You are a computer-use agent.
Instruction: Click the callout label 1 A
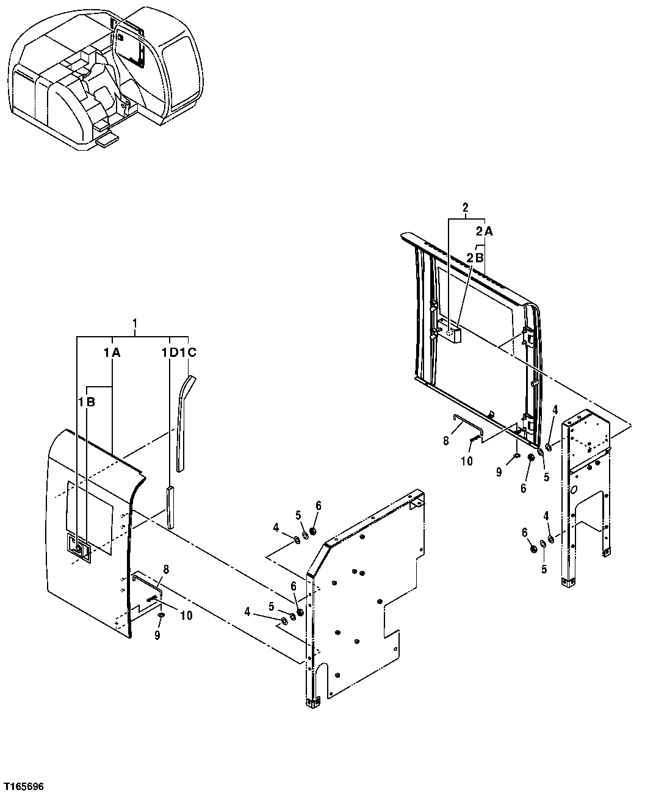[x=111, y=352]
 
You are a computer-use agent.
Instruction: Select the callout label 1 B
[x=86, y=403]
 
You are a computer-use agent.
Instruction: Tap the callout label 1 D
[x=170, y=352]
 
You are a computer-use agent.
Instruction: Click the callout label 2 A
[x=484, y=231]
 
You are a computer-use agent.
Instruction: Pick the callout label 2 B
[x=475, y=257]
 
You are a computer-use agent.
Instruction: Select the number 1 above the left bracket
[x=135, y=321]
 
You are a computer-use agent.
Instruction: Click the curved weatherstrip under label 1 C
[x=182, y=421]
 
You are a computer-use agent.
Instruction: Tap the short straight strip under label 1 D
[x=169, y=506]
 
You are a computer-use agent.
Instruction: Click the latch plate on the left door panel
[x=79, y=545]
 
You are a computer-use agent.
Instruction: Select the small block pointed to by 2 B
[x=452, y=334]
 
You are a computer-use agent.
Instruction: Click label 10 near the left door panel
[x=186, y=616]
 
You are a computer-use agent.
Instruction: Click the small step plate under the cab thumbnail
[x=107, y=140]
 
